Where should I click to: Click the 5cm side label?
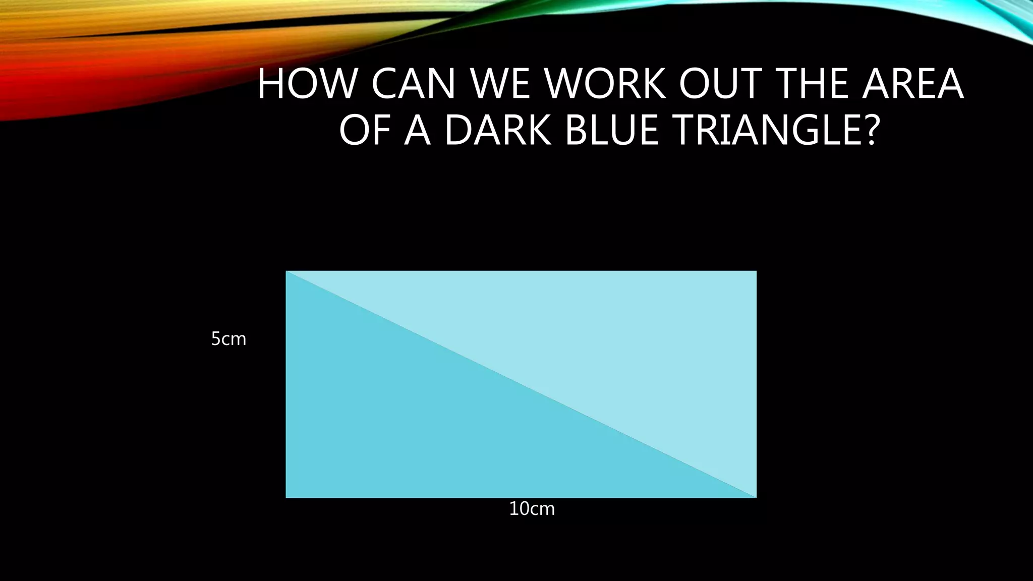(228, 339)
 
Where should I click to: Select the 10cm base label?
(532, 509)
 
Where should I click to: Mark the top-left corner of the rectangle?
(286, 271)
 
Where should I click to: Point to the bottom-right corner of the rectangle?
(756, 497)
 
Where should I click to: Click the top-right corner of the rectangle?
(756, 271)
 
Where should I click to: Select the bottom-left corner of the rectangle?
(286, 497)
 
